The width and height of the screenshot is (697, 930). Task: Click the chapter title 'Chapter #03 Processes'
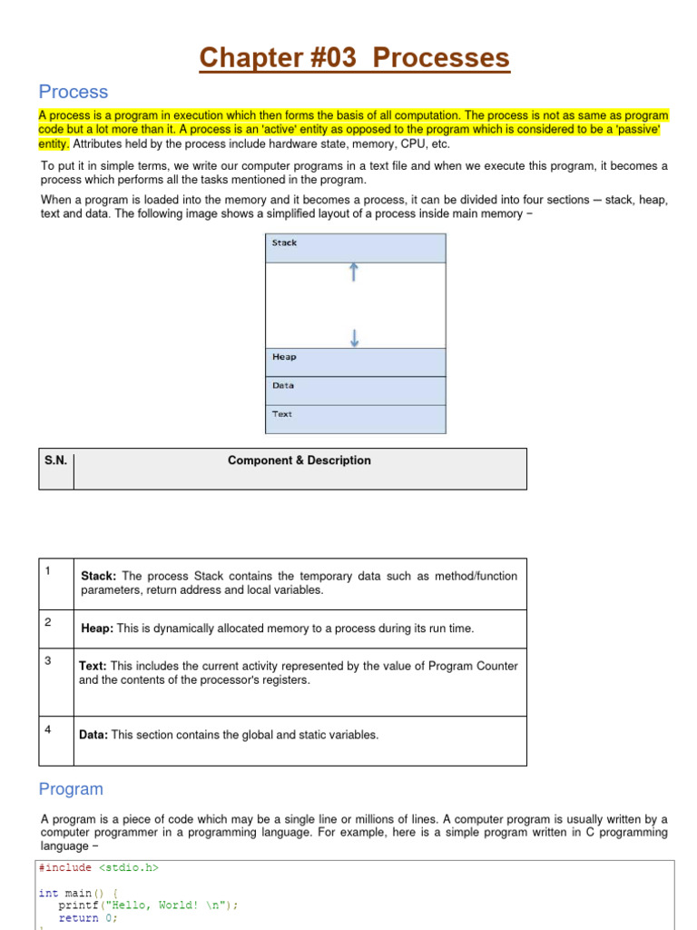pyautogui.click(x=355, y=58)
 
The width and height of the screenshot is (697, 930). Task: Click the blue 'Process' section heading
pyautogui.click(x=73, y=92)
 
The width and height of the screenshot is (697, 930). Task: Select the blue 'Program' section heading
pyautogui.click(x=71, y=789)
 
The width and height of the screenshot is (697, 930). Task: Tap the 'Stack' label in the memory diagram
pyautogui.click(x=284, y=243)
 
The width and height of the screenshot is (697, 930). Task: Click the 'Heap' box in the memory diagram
pyautogui.click(x=355, y=361)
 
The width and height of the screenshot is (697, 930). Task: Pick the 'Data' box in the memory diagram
pyautogui.click(x=355, y=390)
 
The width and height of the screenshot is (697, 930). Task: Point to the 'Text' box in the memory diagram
pyautogui.click(x=355, y=419)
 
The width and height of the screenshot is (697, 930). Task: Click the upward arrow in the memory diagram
pyautogui.click(x=354, y=272)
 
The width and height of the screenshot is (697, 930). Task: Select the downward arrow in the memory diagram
pyautogui.click(x=354, y=337)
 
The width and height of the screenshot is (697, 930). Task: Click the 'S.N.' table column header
pyautogui.click(x=55, y=460)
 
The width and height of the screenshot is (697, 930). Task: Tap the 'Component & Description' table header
pyautogui.click(x=299, y=460)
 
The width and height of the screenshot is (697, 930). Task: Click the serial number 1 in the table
pyautogui.click(x=46, y=570)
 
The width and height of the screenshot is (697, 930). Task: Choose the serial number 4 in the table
pyautogui.click(x=47, y=728)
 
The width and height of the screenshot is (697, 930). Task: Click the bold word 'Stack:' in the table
pyautogui.click(x=98, y=576)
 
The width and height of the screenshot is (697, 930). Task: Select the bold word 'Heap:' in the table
pyautogui.click(x=97, y=628)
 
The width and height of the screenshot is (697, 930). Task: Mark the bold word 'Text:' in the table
pyautogui.click(x=93, y=666)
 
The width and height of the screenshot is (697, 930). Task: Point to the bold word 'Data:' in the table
pyautogui.click(x=93, y=735)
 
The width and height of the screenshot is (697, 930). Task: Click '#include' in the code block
pyautogui.click(x=65, y=867)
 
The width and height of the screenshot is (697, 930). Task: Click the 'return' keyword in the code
pyautogui.click(x=78, y=917)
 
